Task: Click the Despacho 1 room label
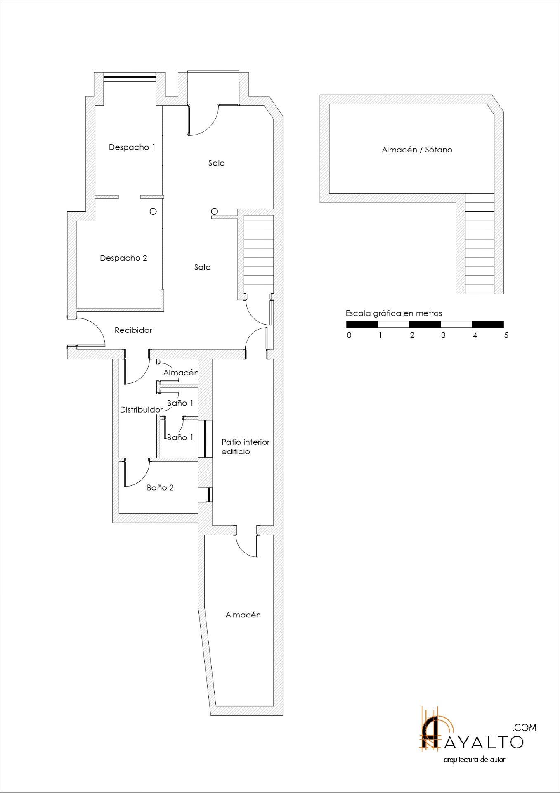[x=132, y=147]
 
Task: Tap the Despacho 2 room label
[x=123, y=258]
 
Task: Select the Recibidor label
[x=133, y=330]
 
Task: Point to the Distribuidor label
[x=141, y=410]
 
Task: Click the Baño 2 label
[x=160, y=487]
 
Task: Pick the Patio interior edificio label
[x=246, y=446]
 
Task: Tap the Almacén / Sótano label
[x=417, y=150]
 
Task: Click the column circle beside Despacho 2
[x=153, y=211]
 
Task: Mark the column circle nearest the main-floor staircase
[x=214, y=211]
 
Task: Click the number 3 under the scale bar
[x=443, y=335]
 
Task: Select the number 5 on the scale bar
[x=506, y=335]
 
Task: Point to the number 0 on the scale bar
[x=349, y=335]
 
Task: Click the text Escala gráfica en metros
[x=394, y=313]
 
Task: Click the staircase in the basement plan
[x=480, y=244]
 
